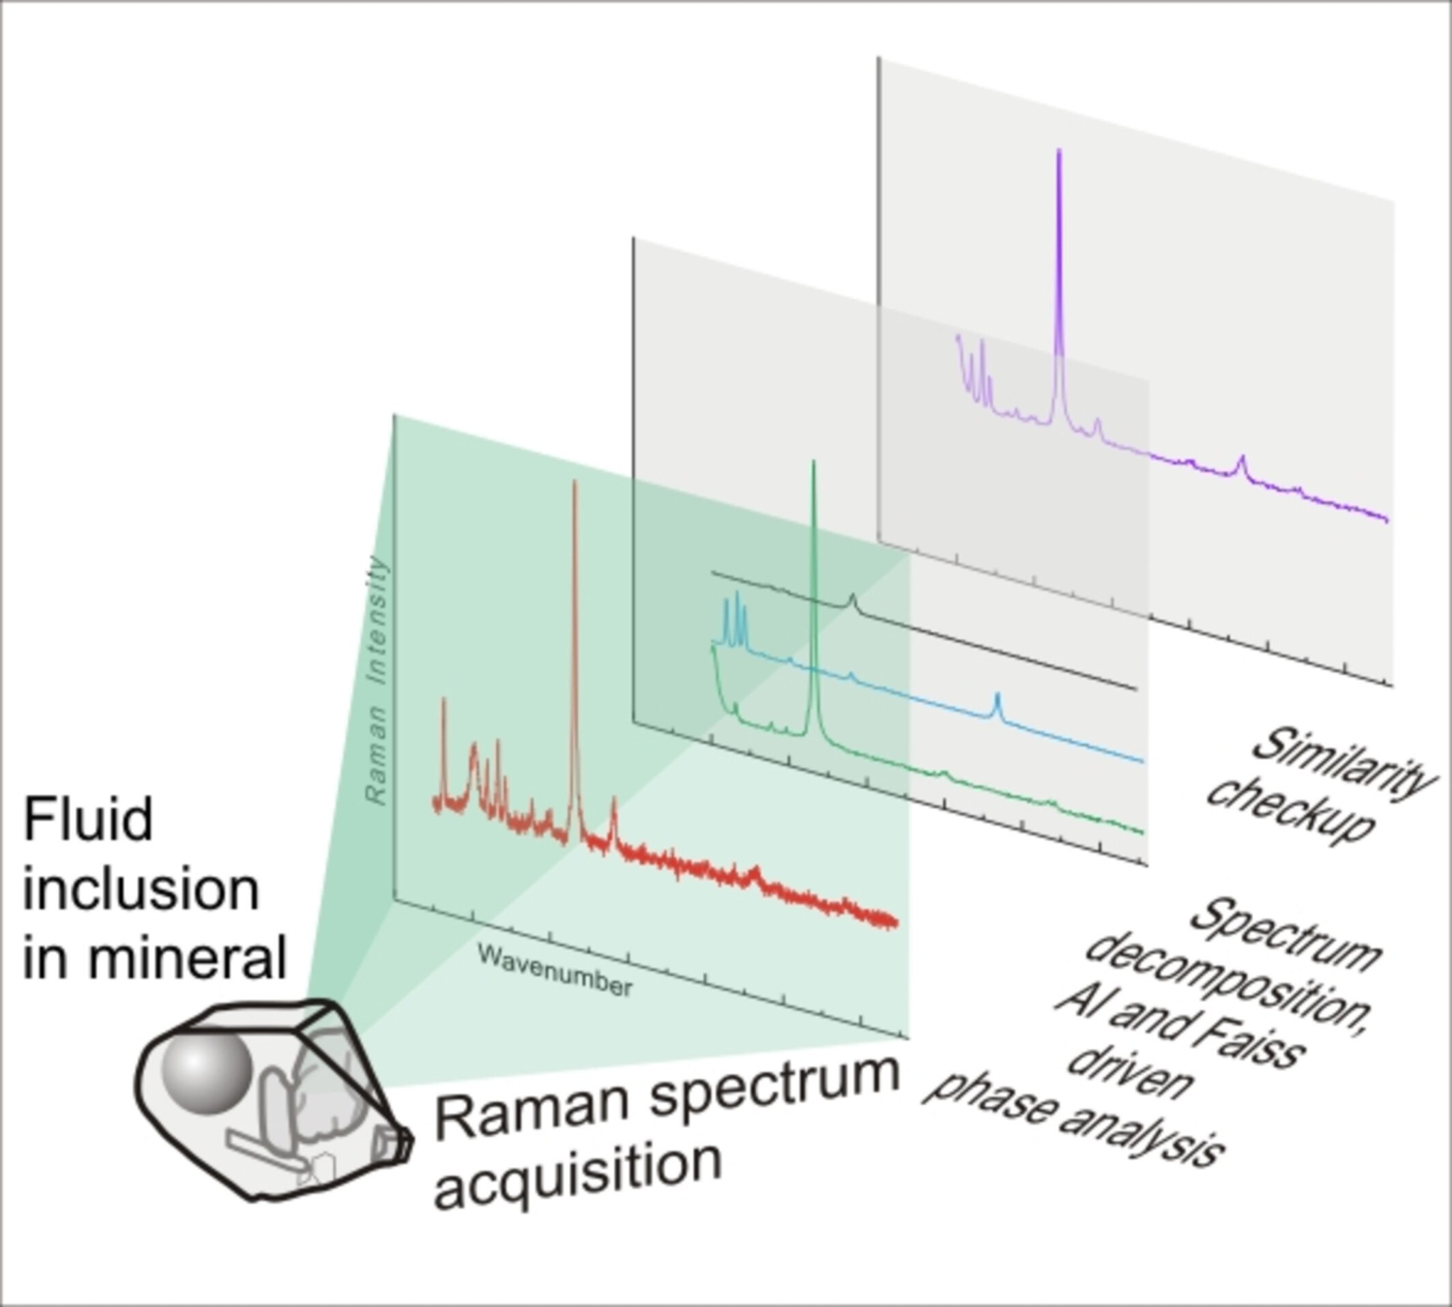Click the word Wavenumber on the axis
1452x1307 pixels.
(x=554, y=971)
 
